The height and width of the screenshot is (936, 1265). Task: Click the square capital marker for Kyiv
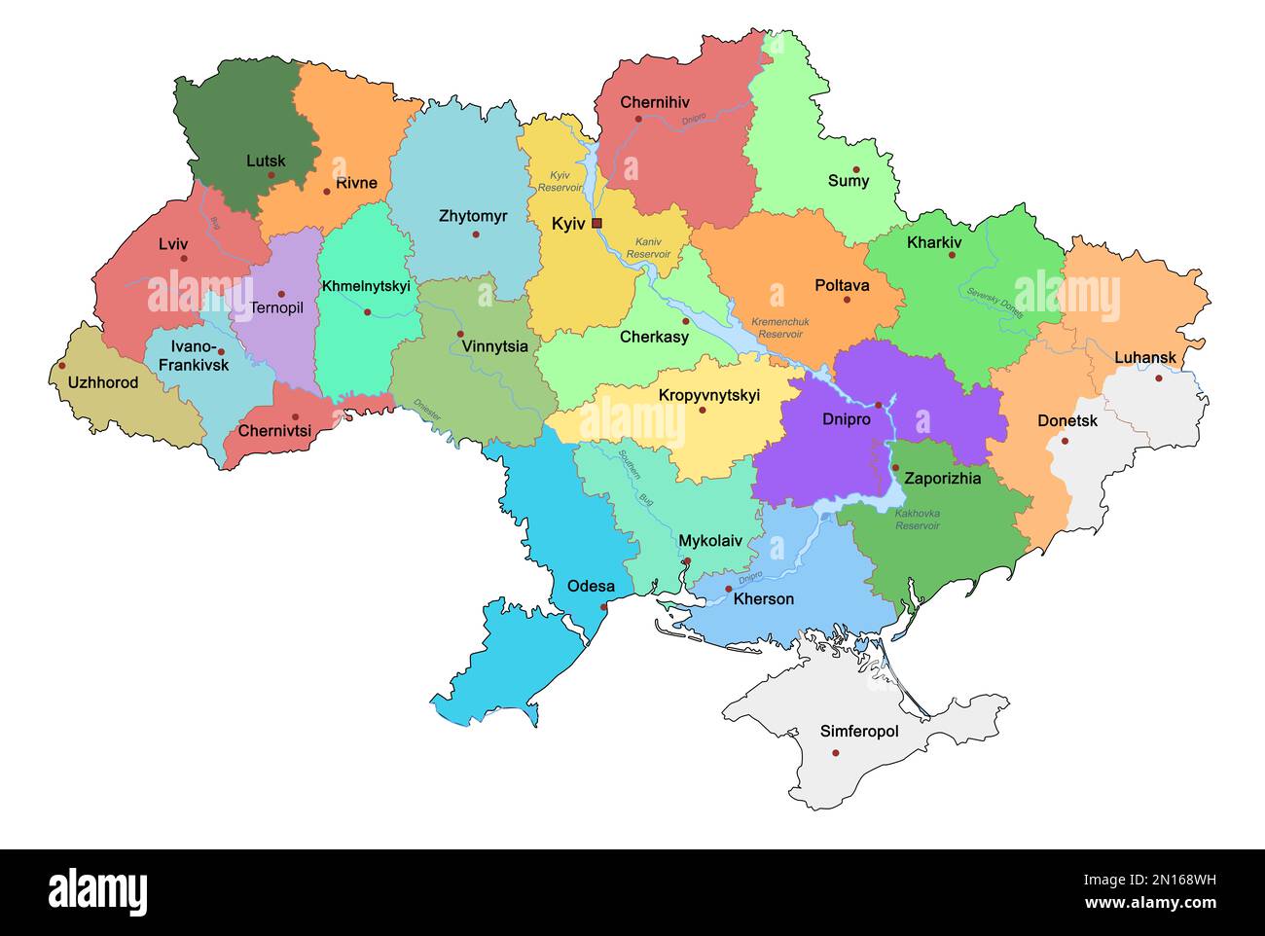[x=596, y=223]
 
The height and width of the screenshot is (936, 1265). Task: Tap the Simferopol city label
[x=858, y=731]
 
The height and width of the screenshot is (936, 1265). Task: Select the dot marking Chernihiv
[x=638, y=119]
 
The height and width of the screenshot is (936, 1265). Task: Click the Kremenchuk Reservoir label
[x=779, y=328]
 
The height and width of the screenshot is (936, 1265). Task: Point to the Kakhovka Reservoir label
[x=917, y=519]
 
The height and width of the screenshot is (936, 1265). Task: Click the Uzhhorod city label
[x=103, y=382]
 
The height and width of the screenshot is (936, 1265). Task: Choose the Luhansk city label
[x=1145, y=357]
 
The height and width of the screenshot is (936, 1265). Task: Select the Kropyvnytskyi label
[x=708, y=395]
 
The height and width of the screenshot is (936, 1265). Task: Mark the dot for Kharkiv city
[x=952, y=255]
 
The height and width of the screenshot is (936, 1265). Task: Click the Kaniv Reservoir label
[x=648, y=247]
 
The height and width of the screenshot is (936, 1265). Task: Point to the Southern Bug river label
[x=634, y=479]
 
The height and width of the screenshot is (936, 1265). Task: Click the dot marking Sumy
[x=856, y=169]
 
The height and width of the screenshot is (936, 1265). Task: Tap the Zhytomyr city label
[x=473, y=216]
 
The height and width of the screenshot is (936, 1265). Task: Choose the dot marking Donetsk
[x=1065, y=441]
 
